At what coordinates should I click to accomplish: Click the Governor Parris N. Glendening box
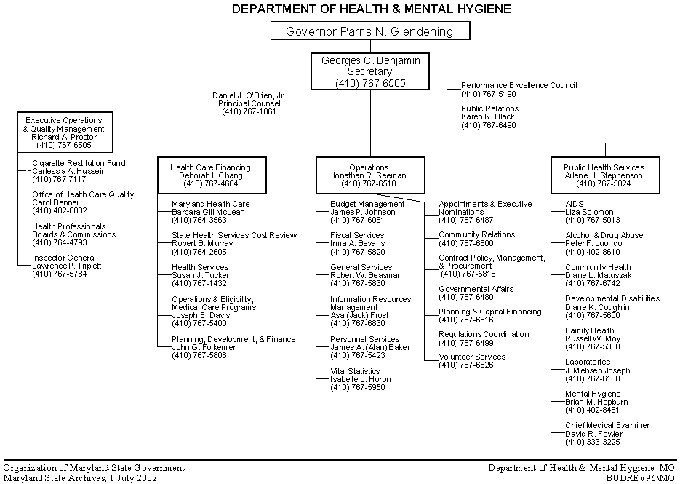tap(369, 31)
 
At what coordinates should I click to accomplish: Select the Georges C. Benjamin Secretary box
tap(370, 72)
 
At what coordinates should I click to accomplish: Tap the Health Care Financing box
tap(210, 175)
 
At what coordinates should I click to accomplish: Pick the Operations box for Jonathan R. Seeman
tap(369, 175)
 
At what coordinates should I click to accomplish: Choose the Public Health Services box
tap(604, 175)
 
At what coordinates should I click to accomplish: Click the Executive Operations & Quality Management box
tap(64, 132)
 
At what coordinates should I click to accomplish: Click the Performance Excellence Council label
tap(519, 85)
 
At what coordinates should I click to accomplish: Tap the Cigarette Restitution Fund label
tap(79, 163)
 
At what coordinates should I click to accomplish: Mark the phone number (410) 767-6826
tap(466, 365)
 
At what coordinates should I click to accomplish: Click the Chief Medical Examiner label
tap(607, 425)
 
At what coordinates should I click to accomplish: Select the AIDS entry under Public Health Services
tap(575, 204)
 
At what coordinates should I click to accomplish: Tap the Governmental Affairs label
tap(476, 289)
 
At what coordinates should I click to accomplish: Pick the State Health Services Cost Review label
tap(234, 235)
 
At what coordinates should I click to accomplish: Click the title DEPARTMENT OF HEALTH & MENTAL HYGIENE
tap(371, 9)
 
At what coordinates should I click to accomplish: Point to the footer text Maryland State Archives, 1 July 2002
tap(80, 478)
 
